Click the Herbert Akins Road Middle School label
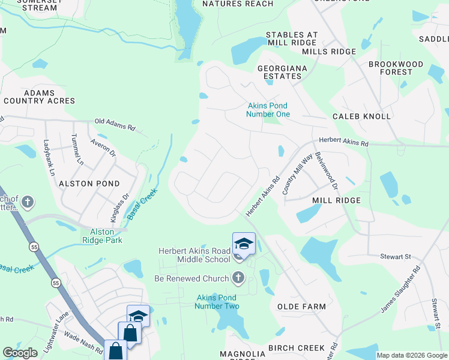194,255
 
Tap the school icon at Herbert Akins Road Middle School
244,244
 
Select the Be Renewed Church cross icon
238,278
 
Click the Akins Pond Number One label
269,110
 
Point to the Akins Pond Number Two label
217,302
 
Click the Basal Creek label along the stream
142,204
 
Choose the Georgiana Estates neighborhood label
282,72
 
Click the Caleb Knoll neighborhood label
362,116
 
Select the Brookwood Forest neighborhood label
396,68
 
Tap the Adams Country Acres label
40,97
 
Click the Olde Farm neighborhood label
301,307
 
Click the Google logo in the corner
20,353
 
